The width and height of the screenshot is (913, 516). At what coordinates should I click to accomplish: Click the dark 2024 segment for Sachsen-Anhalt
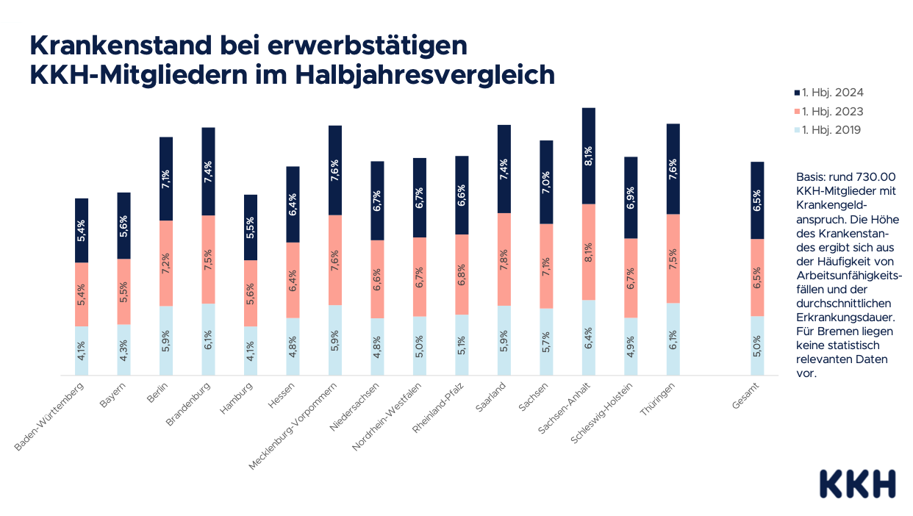589,156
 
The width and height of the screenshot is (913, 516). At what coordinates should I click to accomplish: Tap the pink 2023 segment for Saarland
504,259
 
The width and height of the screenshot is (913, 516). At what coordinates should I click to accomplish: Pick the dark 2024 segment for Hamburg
251,228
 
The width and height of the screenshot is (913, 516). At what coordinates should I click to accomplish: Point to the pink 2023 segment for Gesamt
757,278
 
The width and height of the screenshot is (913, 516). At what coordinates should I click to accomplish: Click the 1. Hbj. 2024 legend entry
828,93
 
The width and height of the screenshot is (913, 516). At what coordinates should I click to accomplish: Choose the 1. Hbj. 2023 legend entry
828,112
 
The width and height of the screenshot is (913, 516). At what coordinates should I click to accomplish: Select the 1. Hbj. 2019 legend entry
828,130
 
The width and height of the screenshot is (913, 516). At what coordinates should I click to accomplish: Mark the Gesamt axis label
746,396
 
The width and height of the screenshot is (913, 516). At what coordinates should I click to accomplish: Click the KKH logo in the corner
857,483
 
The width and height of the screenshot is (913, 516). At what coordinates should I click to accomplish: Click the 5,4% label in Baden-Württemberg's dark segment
82,231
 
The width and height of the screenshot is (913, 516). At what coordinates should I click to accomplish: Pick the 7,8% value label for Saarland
504,259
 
